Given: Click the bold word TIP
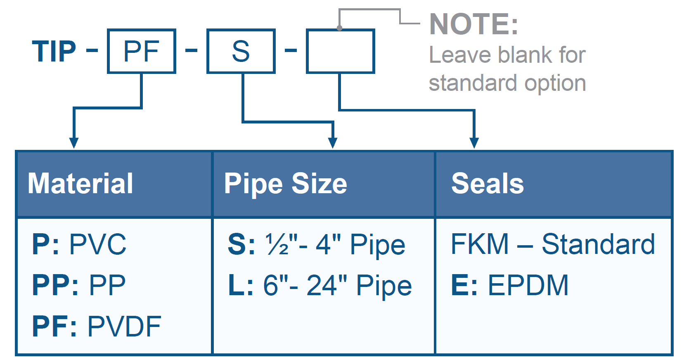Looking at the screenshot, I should coord(54,52).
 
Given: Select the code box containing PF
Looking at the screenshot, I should coord(141,52).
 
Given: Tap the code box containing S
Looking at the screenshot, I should coord(241,52).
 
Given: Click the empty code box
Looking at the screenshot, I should coord(340,52).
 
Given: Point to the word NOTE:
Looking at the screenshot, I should coord(473,24).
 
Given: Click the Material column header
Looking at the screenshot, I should coord(80,184).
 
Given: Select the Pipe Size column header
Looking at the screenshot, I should coord(285,184).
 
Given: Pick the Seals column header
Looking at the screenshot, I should coord(488,184).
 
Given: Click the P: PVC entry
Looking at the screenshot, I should coord(79,244).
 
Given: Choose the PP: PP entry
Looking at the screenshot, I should coord(79,285).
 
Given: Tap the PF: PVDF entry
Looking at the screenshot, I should coord(97,327).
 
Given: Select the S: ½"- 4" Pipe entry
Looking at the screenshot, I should coord(316,244).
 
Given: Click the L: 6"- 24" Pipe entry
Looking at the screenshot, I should coord(320,285).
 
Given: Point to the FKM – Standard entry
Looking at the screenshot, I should coord(553,244).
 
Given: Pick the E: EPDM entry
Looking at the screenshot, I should coord(510,285).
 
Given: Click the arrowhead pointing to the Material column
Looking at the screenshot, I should coord(74,143).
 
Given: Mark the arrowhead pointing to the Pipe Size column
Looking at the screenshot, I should coord(333,143).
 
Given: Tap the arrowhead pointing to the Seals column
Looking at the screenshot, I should coord(474,143).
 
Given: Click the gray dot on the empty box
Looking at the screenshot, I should coord(339,28).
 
